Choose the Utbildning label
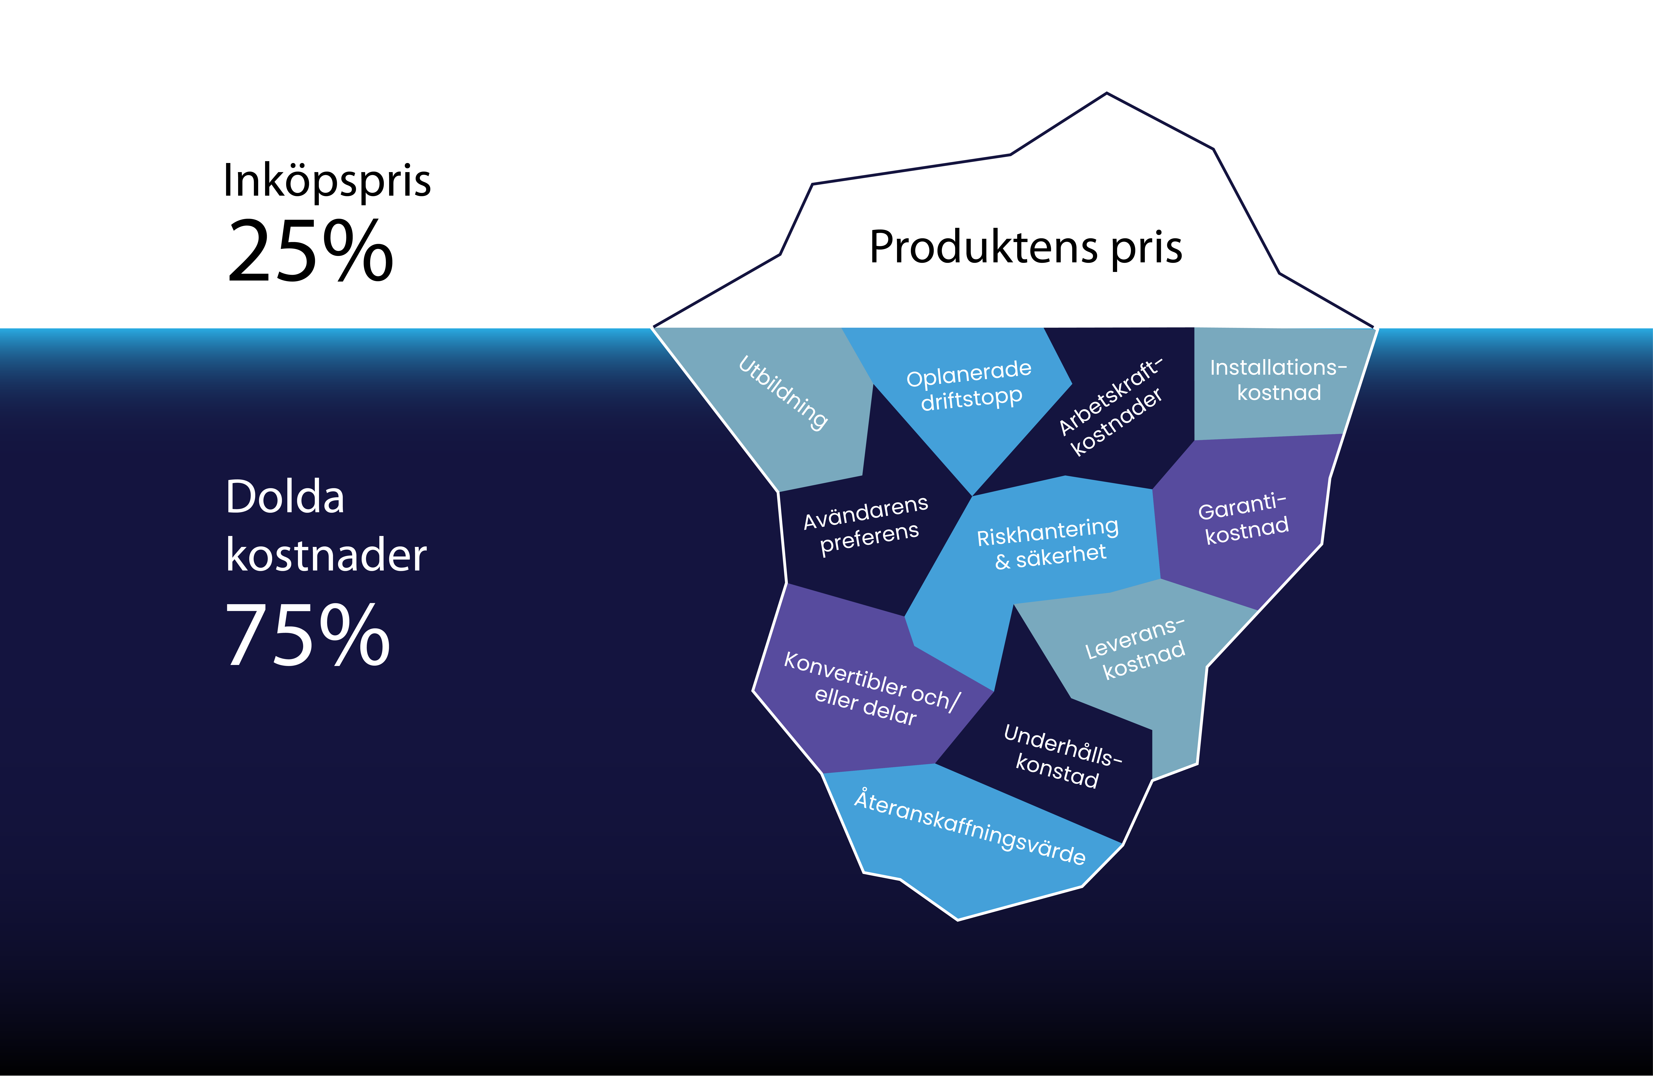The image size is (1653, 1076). click(x=783, y=393)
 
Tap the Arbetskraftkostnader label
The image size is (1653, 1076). click(x=1110, y=406)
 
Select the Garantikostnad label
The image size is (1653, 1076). click(x=1243, y=518)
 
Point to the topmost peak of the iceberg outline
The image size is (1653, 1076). click(x=1106, y=93)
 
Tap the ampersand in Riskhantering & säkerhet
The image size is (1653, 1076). click(x=1002, y=562)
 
